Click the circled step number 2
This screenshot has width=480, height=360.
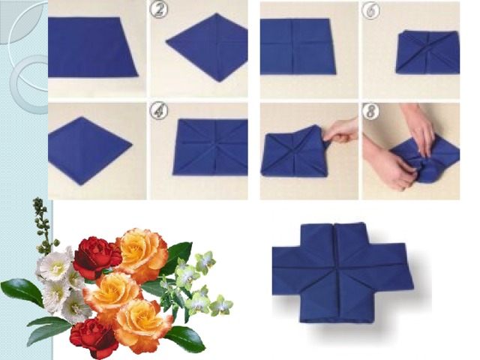tap(159, 10)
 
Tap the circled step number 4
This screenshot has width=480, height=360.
tap(158, 111)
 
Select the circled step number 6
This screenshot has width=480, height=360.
tap(370, 10)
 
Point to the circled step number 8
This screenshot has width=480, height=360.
tap(370, 111)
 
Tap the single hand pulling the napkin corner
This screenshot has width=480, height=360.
tap(341, 132)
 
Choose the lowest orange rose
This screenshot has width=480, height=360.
tap(144, 325)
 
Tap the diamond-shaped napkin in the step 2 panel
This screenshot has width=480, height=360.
tap(207, 46)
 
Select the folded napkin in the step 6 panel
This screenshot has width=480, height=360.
tap(427, 52)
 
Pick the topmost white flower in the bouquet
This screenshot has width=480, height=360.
tap(55, 264)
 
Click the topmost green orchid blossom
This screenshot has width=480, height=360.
tap(205, 261)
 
